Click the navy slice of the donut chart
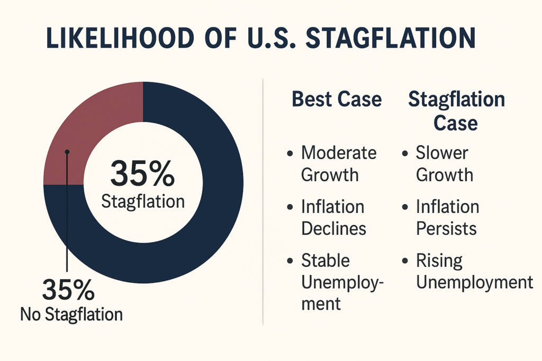[x=212, y=211]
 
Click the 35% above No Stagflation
[x=68, y=290]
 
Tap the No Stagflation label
[x=71, y=315]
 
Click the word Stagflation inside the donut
[x=143, y=201]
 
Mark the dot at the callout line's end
[x=67, y=152]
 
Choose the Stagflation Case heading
[x=456, y=111]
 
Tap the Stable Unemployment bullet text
[x=341, y=282]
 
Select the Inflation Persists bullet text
[x=447, y=217]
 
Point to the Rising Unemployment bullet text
[x=474, y=271]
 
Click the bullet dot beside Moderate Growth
[x=290, y=154]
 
